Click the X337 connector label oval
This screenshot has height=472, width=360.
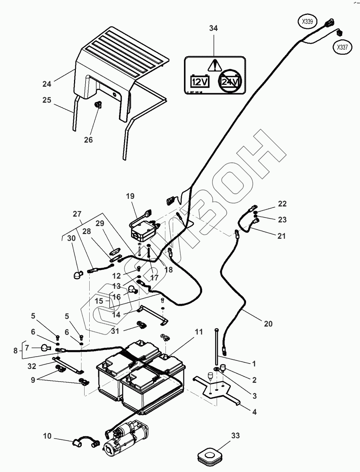point(342,47)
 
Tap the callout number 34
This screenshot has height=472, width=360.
point(213,28)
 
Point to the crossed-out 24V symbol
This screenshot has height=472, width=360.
point(230,81)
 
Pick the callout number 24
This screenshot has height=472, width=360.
point(47,84)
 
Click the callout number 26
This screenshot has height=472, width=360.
point(89,140)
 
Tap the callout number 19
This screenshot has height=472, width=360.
point(130,196)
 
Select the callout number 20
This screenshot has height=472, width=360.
point(268,324)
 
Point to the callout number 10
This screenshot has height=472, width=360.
point(47,436)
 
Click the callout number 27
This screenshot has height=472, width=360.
point(77,214)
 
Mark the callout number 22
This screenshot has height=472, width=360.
point(282,204)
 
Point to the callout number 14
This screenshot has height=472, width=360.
point(116,315)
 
